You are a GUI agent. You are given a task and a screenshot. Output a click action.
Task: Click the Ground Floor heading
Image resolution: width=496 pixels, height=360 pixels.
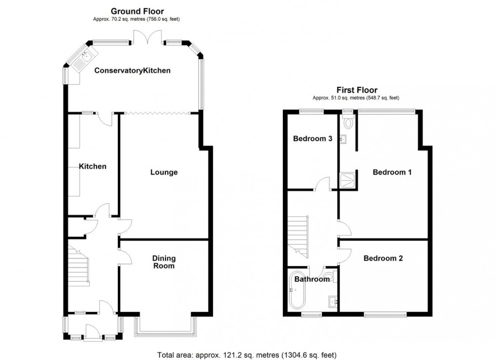pyautogui.click(x=137, y=11)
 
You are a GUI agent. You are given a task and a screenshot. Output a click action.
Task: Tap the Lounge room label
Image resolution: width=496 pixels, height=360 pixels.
pyautogui.click(x=164, y=172)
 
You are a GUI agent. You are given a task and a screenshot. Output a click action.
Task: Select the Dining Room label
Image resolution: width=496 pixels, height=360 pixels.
pyautogui.click(x=163, y=262)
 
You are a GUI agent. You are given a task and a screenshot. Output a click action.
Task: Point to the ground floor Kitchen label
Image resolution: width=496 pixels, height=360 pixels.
pyautogui.click(x=92, y=166)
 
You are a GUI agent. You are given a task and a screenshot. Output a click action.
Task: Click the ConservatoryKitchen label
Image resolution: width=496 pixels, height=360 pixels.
pyautogui.click(x=133, y=71)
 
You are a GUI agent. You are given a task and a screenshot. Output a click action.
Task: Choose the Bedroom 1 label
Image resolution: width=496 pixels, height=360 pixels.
pyautogui.click(x=392, y=172)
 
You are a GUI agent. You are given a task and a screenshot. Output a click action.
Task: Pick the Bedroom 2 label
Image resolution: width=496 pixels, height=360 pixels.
pyautogui.click(x=383, y=258)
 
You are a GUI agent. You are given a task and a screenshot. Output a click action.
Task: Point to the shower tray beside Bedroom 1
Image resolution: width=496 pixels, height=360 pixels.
pyautogui.click(x=347, y=178)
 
